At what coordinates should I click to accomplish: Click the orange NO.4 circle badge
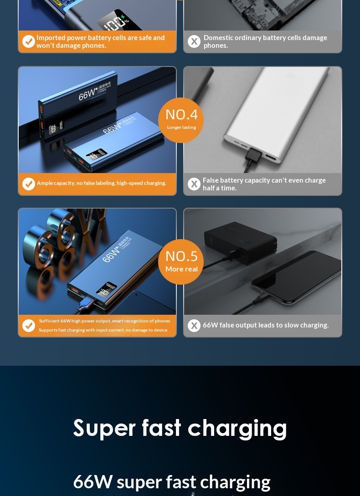(181, 120)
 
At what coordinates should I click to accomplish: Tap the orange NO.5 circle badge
(181, 261)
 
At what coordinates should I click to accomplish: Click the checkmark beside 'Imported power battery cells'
(29, 41)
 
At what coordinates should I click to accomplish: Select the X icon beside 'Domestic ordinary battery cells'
(194, 41)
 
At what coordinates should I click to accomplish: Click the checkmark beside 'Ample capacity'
(29, 184)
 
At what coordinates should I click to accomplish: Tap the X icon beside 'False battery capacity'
(194, 184)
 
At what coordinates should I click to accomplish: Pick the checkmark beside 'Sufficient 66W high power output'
(29, 326)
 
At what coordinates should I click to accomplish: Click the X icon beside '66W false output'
(194, 326)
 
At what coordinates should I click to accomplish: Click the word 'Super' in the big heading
(104, 428)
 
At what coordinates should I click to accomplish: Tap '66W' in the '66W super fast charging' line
(93, 482)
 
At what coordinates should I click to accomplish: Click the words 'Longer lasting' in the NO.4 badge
(181, 128)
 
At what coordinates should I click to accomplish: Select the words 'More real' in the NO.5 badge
(181, 269)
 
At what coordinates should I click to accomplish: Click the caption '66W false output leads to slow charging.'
(266, 325)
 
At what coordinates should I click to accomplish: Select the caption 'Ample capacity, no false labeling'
(102, 183)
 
